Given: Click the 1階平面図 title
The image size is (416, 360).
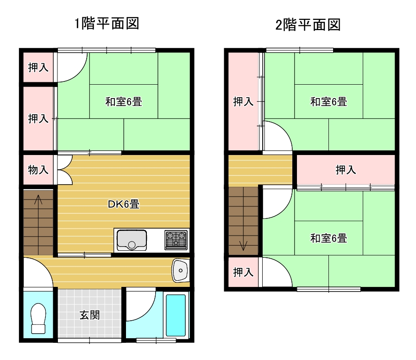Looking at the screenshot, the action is click(x=107, y=23).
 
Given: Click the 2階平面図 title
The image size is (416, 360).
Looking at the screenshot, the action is click(x=308, y=25).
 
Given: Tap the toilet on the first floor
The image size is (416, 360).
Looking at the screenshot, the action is click(x=38, y=318).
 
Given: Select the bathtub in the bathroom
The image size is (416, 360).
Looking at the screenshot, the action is click(x=176, y=315).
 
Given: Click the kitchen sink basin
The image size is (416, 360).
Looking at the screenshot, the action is click(x=132, y=240).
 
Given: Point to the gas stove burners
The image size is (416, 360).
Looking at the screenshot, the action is click(x=176, y=240).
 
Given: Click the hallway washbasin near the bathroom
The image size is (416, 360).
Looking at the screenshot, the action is click(x=180, y=270).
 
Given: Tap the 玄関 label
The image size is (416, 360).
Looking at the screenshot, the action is click(x=90, y=315).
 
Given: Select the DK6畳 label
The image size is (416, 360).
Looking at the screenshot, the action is click(x=124, y=204).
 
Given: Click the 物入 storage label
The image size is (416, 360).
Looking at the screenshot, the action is click(x=38, y=170).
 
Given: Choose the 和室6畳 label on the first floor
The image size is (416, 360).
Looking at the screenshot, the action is click(x=124, y=102).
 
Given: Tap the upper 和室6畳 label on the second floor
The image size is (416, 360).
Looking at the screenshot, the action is click(x=329, y=102).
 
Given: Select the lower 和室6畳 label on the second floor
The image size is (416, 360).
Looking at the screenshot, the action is click(x=329, y=238).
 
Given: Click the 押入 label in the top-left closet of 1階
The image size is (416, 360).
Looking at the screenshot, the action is click(x=38, y=68).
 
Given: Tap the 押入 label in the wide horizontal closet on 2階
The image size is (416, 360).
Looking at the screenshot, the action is click(x=346, y=170).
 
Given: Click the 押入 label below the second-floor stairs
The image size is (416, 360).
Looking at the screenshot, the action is click(x=243, y=272).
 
